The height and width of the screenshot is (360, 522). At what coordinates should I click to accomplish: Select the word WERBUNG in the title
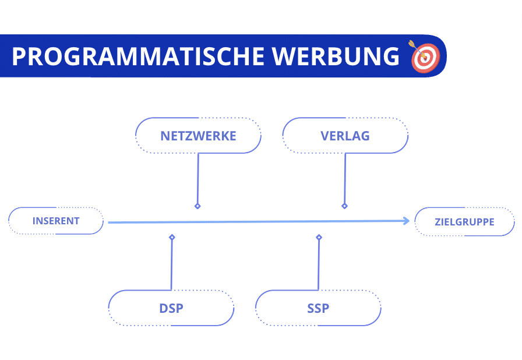tap(337, 57)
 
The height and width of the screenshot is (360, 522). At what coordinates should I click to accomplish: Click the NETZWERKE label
tap(198, 136)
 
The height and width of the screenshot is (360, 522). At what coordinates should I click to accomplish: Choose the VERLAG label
tap(345, 136)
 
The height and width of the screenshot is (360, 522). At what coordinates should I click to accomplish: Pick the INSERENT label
tap(56, 221)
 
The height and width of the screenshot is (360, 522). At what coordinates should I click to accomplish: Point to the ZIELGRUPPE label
tap(464, 222)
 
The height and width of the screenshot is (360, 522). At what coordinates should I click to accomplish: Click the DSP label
tap(171, 308)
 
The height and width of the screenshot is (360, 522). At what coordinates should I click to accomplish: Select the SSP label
tap(318, 308)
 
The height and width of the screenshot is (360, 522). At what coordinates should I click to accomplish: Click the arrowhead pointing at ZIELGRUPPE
tap(406, 220)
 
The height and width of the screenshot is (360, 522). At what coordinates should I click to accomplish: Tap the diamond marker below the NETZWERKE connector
tap(197, 206)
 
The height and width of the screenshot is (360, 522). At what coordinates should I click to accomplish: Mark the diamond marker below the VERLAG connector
tap(344, 206)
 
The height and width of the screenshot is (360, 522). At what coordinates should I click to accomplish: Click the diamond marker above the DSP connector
tap(172, 237)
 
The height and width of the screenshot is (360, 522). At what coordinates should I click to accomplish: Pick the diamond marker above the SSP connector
tap(319, 237)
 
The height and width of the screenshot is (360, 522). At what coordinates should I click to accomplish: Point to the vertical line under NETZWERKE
tap(198, 178)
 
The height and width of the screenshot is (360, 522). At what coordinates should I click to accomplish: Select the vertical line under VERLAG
tap(345, 178)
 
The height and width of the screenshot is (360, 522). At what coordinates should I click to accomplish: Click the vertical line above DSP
tap(171, 265)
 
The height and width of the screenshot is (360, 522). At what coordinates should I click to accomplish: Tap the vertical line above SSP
tap(318, 265)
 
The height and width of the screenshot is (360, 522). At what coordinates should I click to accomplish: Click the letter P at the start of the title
tap(19, 57)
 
